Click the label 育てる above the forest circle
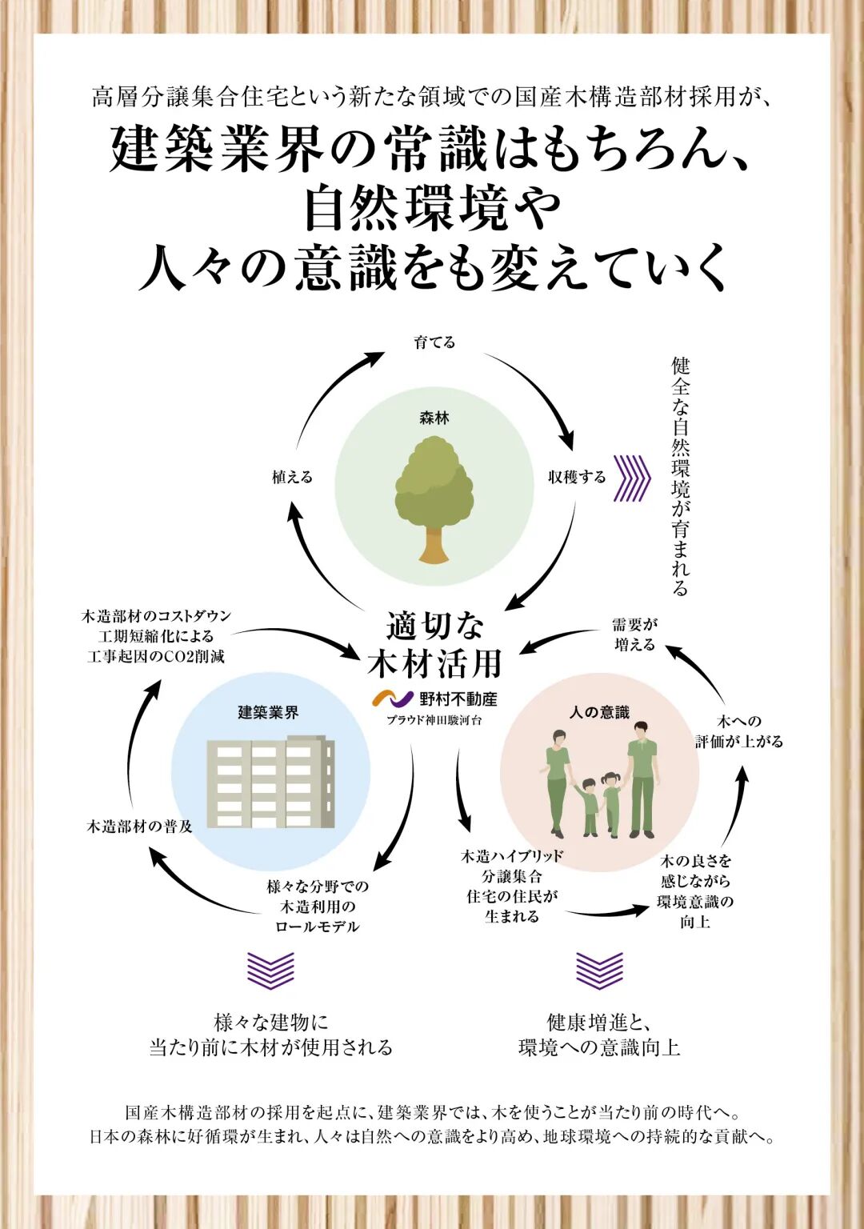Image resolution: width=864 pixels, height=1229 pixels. [x=434, y=342]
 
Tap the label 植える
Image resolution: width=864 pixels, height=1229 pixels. [x=292, y=477]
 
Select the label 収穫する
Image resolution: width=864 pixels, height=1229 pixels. [x=577, y=477]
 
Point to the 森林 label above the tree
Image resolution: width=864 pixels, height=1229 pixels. [x=434, y=418]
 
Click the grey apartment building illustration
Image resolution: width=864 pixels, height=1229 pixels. [x=270, y=783]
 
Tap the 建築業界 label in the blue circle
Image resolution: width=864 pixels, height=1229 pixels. [x=268, y=712]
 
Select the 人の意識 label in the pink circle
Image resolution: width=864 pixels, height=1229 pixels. [x=599, y=711]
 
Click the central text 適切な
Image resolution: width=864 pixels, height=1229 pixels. [x=435, y=626]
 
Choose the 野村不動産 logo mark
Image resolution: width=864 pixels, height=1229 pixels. [x=393, y=699]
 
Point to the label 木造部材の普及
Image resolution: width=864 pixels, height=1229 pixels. [x=140, y=827]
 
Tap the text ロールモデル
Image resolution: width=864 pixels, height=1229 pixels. [x=318, y=927]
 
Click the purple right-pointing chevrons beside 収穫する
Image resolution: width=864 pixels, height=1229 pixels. [x=631, y=478]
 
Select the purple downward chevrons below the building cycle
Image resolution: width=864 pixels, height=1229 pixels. [x=270, y=970]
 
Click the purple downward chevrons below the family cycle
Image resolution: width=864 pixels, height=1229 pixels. [x=599, y=970]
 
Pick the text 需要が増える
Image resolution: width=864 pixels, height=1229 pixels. [x=635, y=635]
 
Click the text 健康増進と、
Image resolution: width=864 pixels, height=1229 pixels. [x=599, y=1023]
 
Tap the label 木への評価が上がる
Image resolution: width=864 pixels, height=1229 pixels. [x=738, y=731]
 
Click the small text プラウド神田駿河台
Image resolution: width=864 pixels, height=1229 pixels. [x=434, y=720]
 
